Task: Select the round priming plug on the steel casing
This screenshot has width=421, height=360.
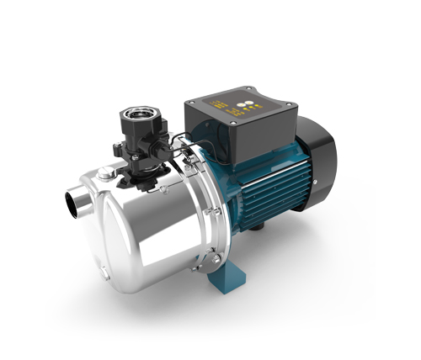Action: point(104,174)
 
